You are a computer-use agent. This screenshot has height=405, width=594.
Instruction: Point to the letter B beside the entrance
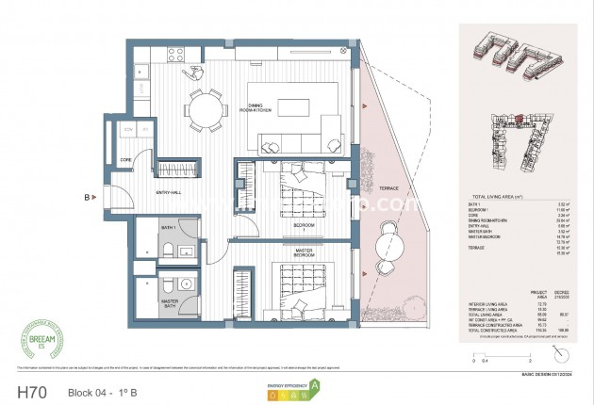[x=88, y=198]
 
